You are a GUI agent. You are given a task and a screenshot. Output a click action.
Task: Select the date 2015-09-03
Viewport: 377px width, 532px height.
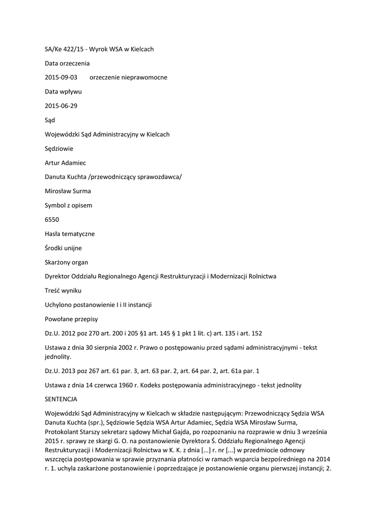(61, 77)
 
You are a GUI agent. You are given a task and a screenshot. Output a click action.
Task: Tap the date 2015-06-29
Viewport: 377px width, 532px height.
(61, 106)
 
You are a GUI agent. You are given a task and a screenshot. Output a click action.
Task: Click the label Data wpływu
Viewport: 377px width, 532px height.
(63, 91)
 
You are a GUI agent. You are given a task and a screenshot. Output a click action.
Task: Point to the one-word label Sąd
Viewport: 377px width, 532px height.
(50, 120)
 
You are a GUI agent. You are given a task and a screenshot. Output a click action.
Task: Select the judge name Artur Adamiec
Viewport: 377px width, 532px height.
(66, 163)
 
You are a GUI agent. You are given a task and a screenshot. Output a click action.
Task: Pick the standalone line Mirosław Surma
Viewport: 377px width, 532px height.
(68, 191)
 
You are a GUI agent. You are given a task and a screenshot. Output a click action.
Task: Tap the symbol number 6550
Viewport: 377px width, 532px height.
(52, 220)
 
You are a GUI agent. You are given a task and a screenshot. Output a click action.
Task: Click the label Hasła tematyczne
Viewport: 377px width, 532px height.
(70, 234)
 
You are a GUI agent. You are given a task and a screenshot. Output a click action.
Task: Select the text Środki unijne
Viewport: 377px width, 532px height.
(63, 248)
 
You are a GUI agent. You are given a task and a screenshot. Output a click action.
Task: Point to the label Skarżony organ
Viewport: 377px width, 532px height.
(67, 262)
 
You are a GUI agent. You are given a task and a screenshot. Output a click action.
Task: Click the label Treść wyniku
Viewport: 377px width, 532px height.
(63, 290)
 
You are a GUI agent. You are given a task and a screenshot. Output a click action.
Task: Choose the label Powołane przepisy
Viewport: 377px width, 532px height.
(68, 319)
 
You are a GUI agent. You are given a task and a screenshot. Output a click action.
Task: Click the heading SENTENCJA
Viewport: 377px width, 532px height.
(61, 400)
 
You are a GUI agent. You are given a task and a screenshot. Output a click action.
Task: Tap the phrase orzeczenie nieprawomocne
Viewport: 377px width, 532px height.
(128, 77)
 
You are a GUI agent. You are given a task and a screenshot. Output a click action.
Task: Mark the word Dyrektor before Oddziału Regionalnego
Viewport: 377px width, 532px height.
(59, 276)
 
